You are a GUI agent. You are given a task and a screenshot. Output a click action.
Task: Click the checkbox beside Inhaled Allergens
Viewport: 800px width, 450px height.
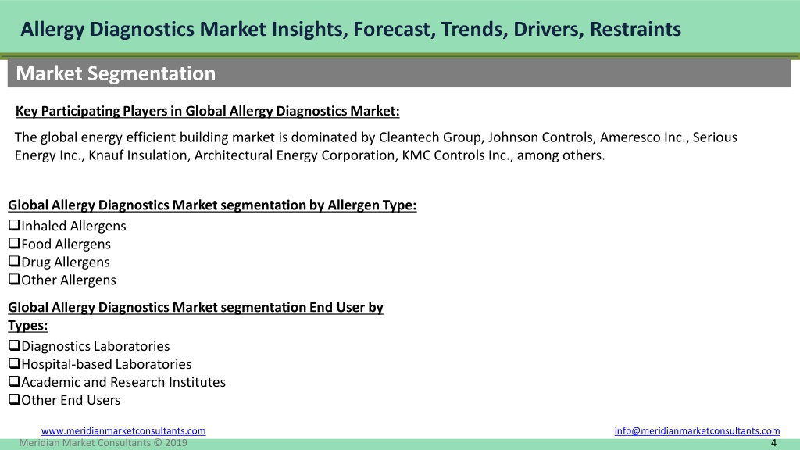(14, 225)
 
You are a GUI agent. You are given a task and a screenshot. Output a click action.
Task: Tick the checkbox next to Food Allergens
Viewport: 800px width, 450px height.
(14, 244)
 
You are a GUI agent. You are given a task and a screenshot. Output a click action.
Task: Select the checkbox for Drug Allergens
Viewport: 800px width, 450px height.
(14, 261)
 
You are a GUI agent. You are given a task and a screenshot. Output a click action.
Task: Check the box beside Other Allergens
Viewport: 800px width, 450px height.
(14, 279)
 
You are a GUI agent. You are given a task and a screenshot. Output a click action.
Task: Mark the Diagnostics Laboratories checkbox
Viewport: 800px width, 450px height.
(14, 345)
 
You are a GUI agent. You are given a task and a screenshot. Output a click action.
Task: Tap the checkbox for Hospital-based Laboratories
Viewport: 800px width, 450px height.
(14, 363)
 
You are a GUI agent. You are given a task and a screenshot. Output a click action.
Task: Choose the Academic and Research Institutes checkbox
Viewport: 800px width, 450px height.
(14, 381)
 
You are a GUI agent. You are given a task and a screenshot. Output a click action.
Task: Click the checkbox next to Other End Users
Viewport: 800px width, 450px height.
(14, 399)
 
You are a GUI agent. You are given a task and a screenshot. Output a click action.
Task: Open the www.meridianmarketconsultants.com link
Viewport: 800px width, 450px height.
(123, 430)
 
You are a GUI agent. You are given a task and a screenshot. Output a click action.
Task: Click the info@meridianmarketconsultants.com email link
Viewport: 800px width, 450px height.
(697, 430)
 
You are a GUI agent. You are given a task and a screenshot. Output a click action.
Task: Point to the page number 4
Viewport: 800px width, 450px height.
(773, 443)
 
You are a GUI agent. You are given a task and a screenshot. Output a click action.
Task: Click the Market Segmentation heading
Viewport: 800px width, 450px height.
(116, 73)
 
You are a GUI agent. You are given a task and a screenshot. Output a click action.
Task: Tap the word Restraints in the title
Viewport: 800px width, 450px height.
(635, 29)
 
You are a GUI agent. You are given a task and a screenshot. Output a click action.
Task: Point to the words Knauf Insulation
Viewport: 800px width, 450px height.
(138, 155)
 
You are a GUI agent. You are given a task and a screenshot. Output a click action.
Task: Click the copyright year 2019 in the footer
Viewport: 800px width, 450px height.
(176, 443)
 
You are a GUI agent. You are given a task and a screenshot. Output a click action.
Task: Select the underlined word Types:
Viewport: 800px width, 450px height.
(27, 326)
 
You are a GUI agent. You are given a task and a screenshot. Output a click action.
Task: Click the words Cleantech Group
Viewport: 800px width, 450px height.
(430, 137)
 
